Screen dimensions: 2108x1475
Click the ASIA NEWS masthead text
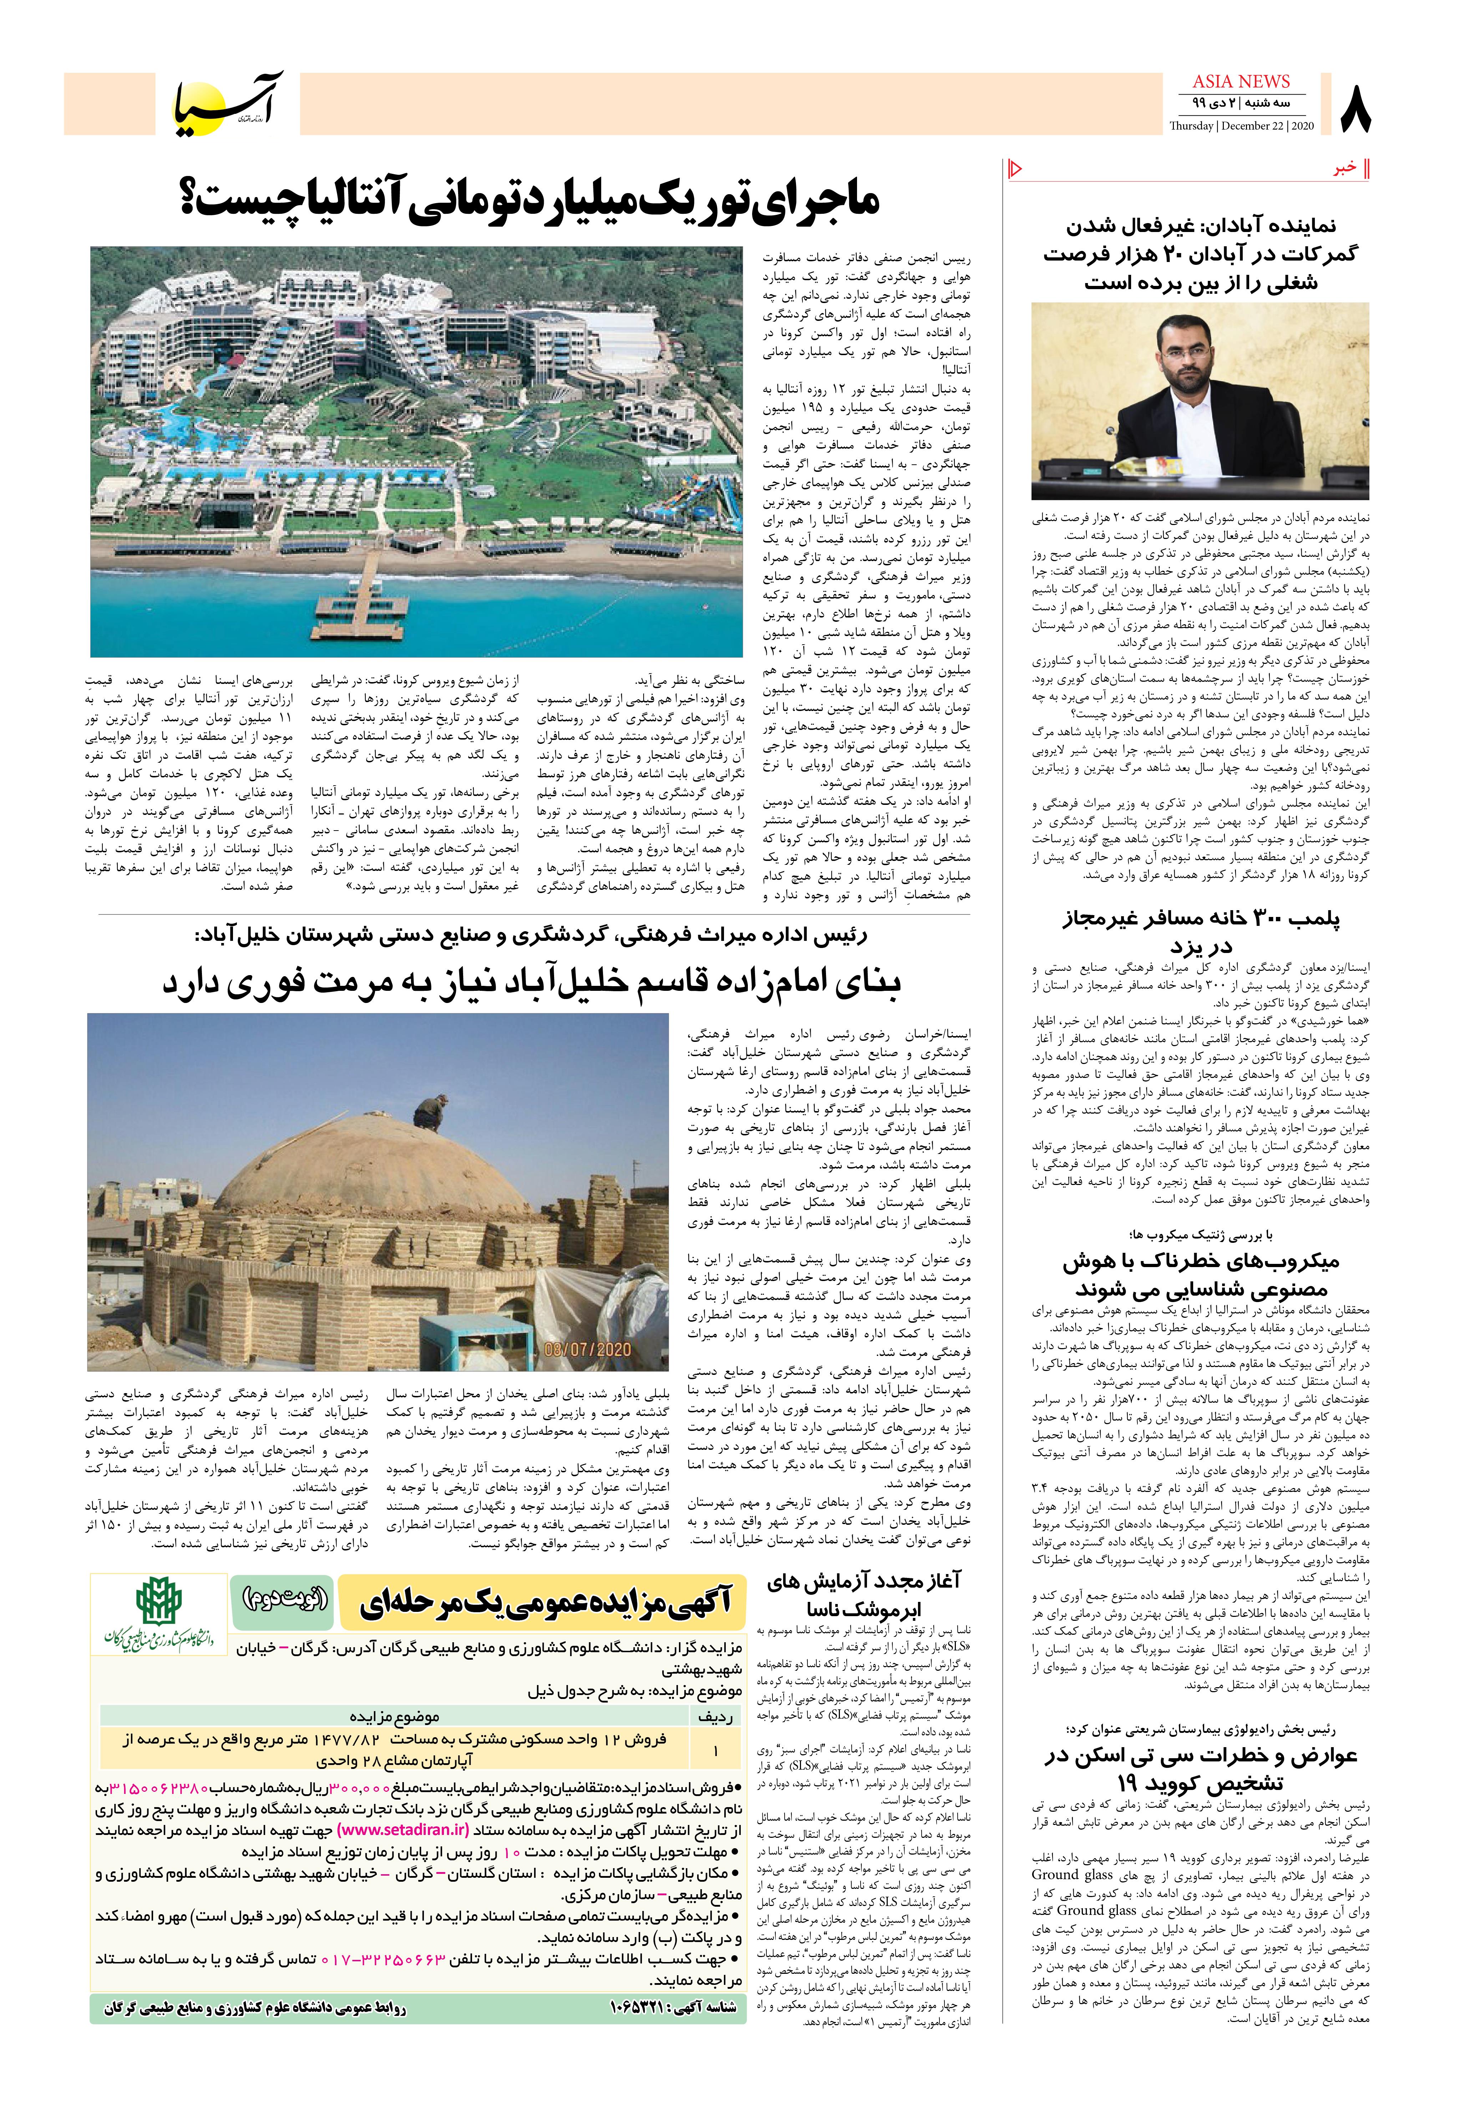tap(1241, 81)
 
